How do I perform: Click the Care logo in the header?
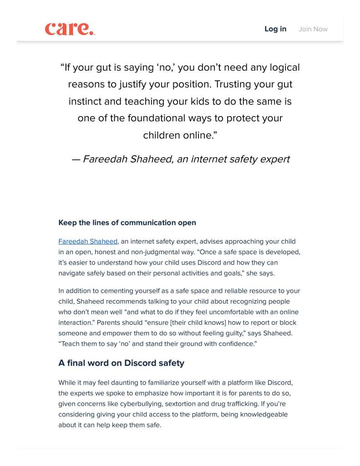[70, 29]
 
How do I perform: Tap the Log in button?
[275, 29]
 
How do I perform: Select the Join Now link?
[313, 29]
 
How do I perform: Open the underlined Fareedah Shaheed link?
[88, 241]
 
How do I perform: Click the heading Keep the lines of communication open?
[127, 223]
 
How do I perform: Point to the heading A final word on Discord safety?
[121, 363]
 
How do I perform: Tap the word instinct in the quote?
[85, 102]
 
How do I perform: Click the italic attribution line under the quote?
[180, 159]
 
